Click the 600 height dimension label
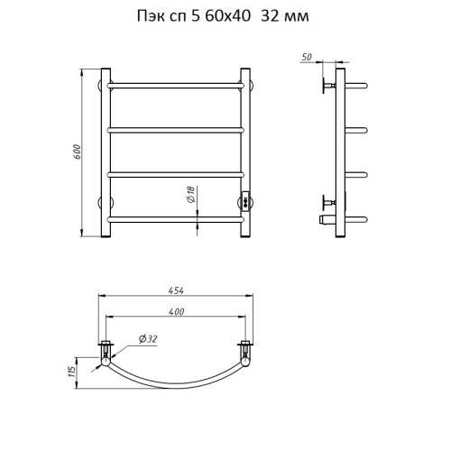(78, 152)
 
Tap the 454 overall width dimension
(176, 290)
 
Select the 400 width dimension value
(176, 312)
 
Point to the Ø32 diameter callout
(148, 339)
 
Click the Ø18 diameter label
(191, 194)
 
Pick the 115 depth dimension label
(71, 373)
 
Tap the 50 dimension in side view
(307, 57)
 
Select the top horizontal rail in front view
(176, 86)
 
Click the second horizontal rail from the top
(176, 130)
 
